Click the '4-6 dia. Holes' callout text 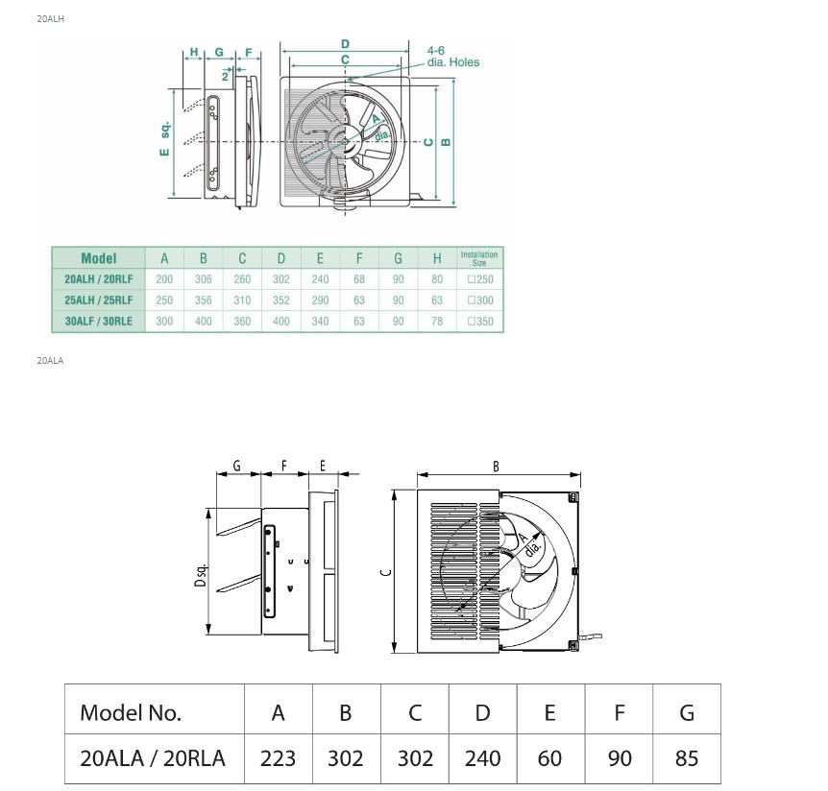click(451, 56)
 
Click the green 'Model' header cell click(98, 258)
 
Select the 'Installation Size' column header click(478, 258)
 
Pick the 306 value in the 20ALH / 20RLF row click(203, 279)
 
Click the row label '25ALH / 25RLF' click(98, 300)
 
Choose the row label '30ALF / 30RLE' click(98, 322)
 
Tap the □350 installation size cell click(478, 322)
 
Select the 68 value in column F click(358, 279)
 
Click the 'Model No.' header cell click(131, 712)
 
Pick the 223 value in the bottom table click(278, 758)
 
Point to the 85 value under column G click(686, 758)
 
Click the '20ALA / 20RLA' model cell click(154, 758)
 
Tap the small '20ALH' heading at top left click(50, 18)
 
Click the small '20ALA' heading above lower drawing click(50, 361)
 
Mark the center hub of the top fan click(346, 142)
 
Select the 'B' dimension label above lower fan click(496, 467)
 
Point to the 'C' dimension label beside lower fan click(384, 572)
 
